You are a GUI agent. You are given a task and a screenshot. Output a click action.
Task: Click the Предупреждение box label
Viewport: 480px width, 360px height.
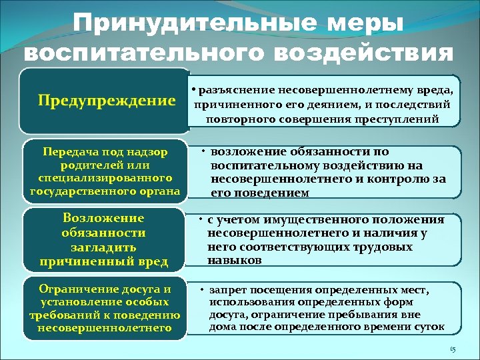(x=106, y=101)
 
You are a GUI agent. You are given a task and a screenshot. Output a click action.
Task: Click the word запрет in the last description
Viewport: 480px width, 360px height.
(x=227, y=291)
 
